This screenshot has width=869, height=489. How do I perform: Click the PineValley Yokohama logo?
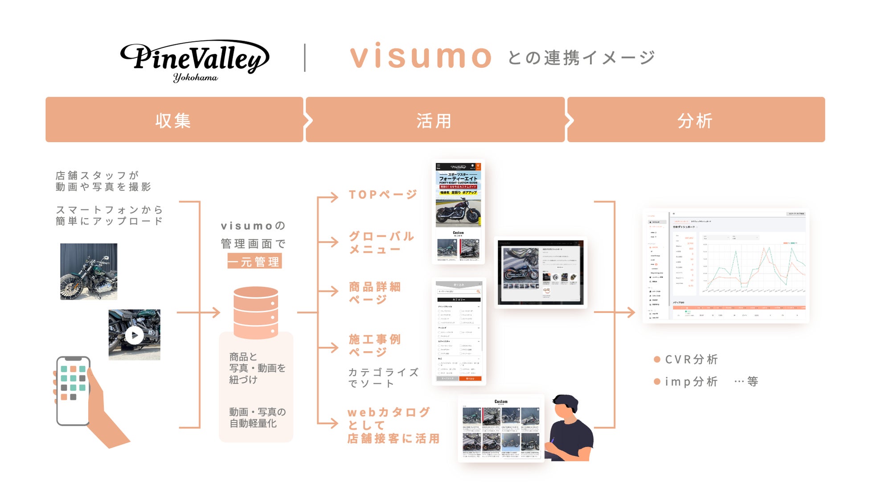click(x=195, y=60)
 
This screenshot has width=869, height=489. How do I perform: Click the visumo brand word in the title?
click(x=421, y=57)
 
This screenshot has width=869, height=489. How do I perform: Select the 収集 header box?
click(x=174, y=120)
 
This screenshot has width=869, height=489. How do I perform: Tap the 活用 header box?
click(x=434, y=120)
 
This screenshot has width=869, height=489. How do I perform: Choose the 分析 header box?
click(x=696, y=120)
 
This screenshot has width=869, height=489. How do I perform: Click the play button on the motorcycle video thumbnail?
click(x=134, y=335)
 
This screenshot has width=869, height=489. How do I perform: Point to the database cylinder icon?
click(x=256, y=312)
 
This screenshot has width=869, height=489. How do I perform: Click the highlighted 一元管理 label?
click(x=254, y=262)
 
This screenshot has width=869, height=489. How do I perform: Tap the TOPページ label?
click(x=383, y=195)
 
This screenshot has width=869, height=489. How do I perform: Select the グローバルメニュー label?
click(x=381, y=242)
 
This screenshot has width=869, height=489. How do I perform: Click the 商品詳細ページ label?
click(x=375, y=293)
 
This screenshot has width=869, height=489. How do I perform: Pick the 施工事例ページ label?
click(x=375, y=345)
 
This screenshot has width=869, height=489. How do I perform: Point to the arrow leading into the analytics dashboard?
click(x=629, y=312)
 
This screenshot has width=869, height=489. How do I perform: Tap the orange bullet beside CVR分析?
click(x=657, y=359)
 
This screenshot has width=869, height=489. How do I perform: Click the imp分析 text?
click(x=691, y=382)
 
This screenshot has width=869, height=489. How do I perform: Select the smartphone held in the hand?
click(x=73, y=390)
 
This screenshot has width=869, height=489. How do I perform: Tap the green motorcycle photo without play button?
click(x=89, y=271)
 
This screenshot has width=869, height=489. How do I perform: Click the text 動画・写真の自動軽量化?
click(x=257, y=418)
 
